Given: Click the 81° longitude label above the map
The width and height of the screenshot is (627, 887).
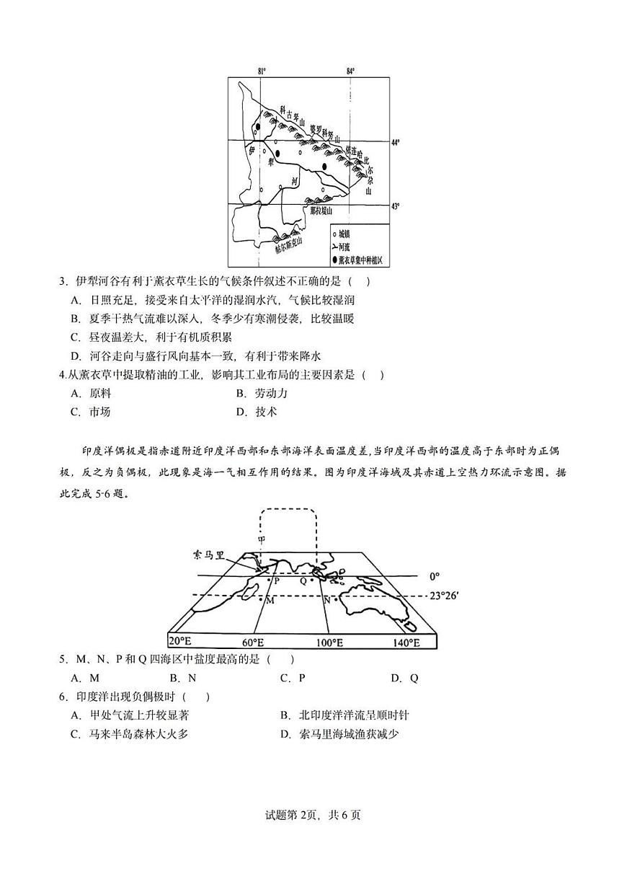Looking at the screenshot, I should coord(262,70).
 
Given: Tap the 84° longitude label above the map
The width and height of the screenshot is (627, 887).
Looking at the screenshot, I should coord(350,70).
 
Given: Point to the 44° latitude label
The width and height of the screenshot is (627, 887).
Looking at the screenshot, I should coord(396,142).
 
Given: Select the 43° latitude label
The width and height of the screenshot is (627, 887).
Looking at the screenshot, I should coord(396,206).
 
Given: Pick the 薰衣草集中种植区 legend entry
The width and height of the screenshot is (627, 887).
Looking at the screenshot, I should coord(360,258).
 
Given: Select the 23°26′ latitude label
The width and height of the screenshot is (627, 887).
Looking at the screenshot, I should coord(444,596).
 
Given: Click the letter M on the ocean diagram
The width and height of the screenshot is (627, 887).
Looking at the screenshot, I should coord(270,600).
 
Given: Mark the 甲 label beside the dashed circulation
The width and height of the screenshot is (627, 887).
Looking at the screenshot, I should coord(261,539).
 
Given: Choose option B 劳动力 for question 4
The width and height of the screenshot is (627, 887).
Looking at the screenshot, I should coord(262,394).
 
